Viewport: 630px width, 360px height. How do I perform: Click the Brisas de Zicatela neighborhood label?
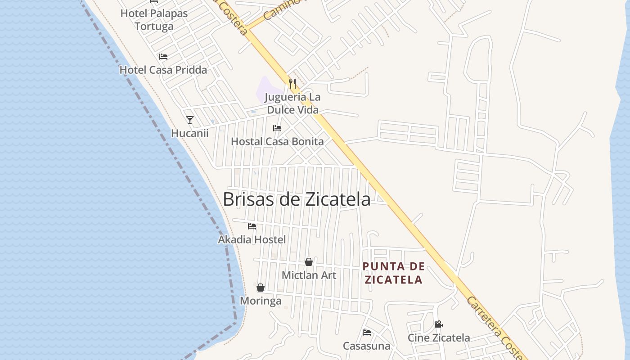(297, 199)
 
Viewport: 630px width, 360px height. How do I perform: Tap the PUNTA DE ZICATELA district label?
(394, 273)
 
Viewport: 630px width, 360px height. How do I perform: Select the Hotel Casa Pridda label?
(163, 70)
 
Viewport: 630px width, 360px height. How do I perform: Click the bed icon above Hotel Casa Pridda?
(163, 57)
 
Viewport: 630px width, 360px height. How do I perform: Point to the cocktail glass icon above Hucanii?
(190, 120)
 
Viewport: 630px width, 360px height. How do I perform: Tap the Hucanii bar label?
(190, 133)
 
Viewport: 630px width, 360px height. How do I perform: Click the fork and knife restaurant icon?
(292, 83)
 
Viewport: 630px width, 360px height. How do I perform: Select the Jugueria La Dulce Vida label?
(292, 103)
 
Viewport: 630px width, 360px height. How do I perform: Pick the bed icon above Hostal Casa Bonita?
(277, 128)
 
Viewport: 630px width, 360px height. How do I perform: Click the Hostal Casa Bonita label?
(277, 141)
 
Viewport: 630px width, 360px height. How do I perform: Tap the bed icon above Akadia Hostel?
(252, 226)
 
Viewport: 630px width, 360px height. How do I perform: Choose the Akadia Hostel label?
(252, 239)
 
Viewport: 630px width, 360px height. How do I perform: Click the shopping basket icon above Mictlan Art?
(309, 262)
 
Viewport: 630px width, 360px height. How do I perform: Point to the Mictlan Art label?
(309, 275)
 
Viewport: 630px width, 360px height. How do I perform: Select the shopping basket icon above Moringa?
(261, 288)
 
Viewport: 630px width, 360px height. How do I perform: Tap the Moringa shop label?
(261, 301)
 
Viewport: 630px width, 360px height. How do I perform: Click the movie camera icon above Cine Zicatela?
(438, 324)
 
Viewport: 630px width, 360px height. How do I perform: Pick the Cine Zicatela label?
(439, 337)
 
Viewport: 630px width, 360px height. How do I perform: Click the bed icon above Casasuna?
(367, 333)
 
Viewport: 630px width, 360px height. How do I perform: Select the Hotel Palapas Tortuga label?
(154, 20)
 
